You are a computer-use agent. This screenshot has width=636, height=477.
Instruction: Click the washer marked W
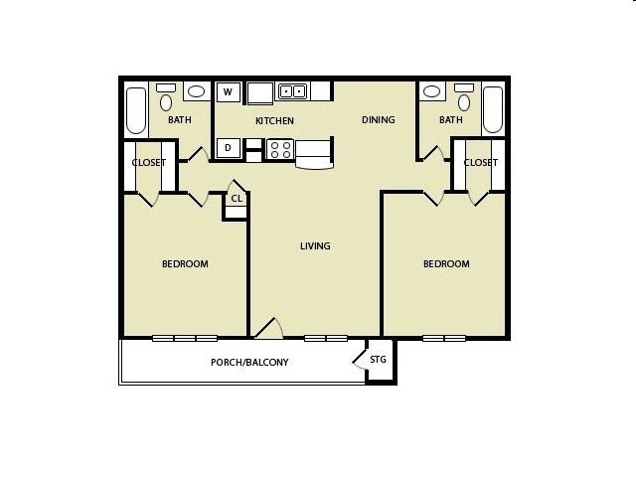coord(228,92)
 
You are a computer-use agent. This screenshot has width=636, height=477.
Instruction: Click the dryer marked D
coord(228,148)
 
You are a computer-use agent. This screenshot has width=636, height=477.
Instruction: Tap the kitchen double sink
coord(292,91)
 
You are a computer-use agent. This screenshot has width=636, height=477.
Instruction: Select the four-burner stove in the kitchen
coord(279,150)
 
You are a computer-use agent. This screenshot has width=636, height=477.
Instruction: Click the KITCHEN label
coord(274,121)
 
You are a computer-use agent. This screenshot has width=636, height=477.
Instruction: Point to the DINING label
coord(378,120)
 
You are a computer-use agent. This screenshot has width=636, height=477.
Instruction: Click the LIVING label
coord(315,246)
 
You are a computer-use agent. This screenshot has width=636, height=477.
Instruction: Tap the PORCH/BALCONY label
coord(249,363)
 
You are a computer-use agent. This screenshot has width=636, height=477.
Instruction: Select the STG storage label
coord(379,360)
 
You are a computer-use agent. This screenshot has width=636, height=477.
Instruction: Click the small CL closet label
coord(237,199)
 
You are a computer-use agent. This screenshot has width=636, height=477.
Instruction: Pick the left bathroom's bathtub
coord(136,110)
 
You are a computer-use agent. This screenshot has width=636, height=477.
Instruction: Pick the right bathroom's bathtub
coord(493,109)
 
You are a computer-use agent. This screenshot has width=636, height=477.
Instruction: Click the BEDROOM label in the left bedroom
coord(185,264)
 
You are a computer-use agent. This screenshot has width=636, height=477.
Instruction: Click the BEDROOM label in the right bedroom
coord(446,264)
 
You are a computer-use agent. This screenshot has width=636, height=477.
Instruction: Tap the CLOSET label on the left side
coord(149,163)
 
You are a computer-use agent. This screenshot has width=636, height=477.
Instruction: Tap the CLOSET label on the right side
coord(480,163)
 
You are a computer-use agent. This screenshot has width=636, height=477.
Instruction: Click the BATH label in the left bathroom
coord(180,120)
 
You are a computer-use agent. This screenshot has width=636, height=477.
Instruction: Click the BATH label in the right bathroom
coord(451,120)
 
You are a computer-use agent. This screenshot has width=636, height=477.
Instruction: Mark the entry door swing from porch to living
coord(267,329)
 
